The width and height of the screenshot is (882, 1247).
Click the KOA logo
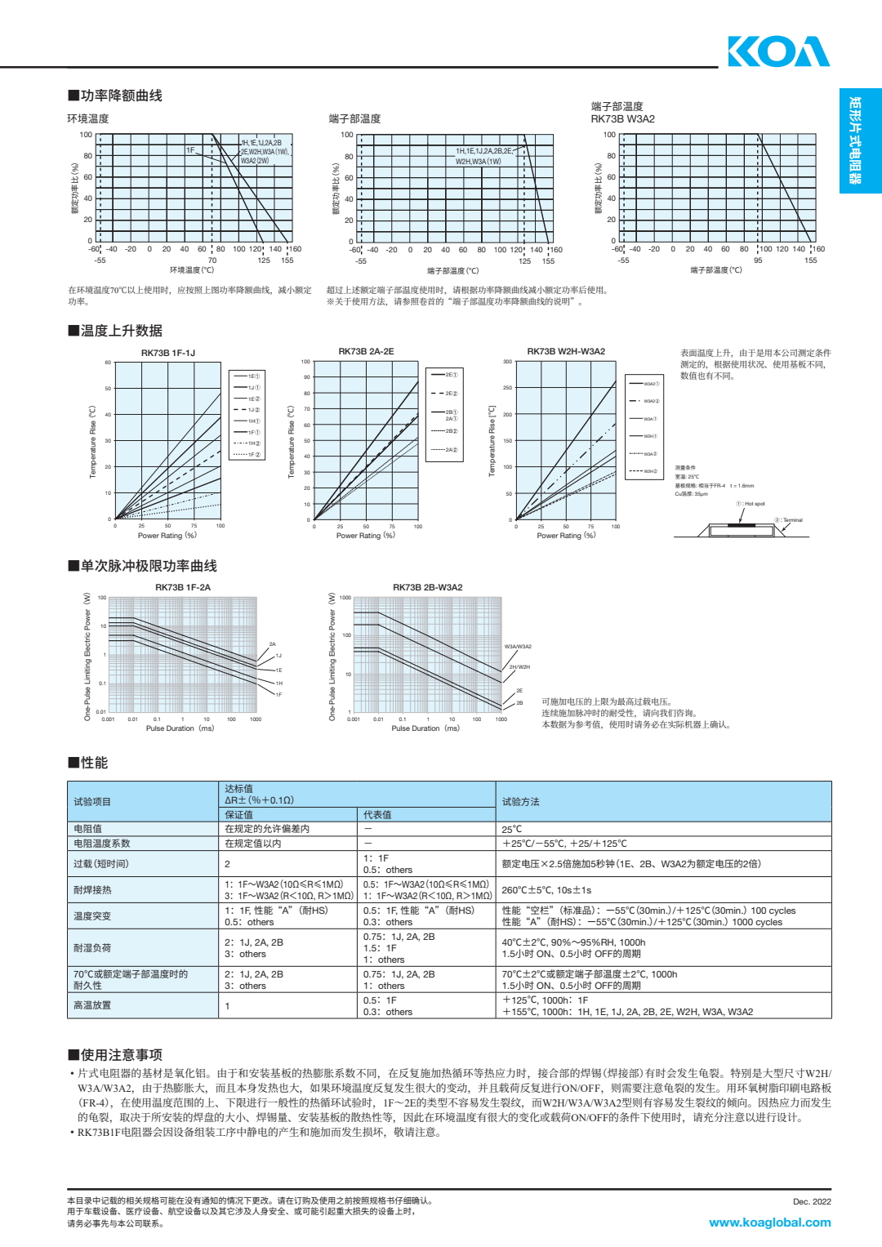pyautogui.click(x=778, y=51)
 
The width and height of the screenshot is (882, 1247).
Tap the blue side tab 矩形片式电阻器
pyautogui.click(x=860, y=140)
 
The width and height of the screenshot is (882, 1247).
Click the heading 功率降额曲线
pyautogui.click(x=115, y=96)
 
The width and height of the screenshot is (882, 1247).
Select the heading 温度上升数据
pyautogui.click(x=115, y=331)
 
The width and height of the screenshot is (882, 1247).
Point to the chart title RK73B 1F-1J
pyautogui.click(x=168, y=353)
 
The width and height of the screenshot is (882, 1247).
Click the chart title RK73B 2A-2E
pyautogui.click(x=366, y=351)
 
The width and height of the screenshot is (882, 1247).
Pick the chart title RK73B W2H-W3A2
pyautogui.click(x=566, y=351)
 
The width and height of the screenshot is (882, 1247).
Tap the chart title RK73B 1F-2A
pyautogui.click(x=183, y=587)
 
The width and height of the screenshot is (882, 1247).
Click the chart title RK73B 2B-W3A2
pyautogui.click(x=427, y=587)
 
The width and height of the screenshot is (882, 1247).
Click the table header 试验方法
pyautogui.click(x=521, y=802)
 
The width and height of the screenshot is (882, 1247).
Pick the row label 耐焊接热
pyautogui.click(x=92, y=890)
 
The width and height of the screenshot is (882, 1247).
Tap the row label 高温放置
pyautogui.click(x=92, y=1005)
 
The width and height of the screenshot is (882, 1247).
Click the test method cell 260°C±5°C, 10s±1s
pyautogui.click(x=546, y=890)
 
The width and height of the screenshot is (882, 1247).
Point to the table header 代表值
pyautogui.click(x=377, y=815)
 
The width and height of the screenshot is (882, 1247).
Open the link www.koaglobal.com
pyautogui.click(x=769, y=1223)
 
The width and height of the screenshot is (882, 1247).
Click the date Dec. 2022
pyautogui.click(x=812, y=1201)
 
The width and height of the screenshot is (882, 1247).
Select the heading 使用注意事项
pyautogui.click(x=115, y=1055)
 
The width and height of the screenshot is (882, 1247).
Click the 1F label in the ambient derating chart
pyautogui.click(x=190, y=150)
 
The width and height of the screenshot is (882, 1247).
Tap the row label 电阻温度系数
pyautogui.click(x=102, y=844)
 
